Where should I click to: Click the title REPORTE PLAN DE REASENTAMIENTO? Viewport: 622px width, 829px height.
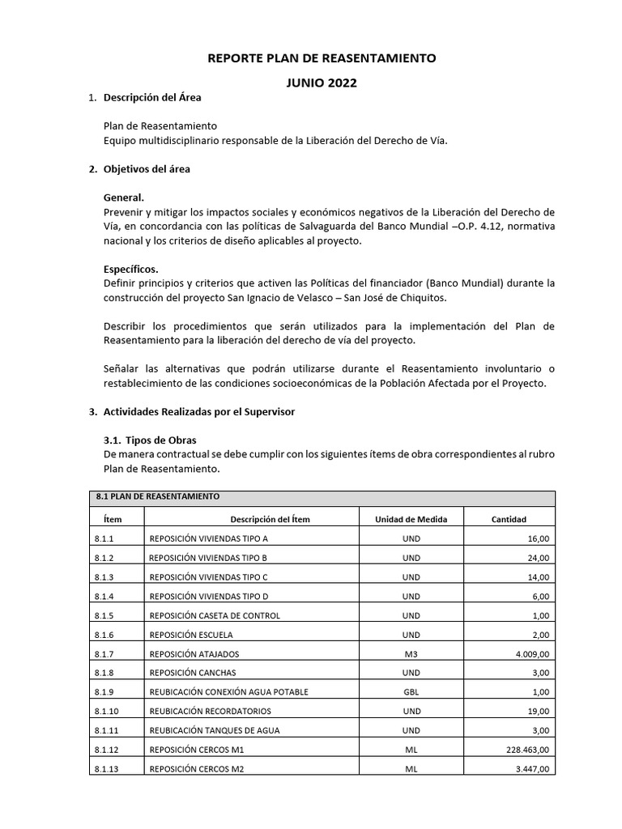pos(322,58)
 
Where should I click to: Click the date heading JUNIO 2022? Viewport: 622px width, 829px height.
pos(322,83)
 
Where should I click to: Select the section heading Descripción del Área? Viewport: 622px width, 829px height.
pos(152,98)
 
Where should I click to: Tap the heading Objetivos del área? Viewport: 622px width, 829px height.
pos(147,169)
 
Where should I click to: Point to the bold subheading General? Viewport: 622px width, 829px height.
pos(124,198)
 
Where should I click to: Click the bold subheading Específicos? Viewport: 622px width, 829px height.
pos(131,269)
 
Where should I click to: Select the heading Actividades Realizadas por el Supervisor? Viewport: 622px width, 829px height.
pos(199,411)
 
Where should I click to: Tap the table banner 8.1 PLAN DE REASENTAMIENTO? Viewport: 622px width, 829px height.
pos(156,496)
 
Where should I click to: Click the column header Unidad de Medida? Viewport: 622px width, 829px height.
pos(411,519)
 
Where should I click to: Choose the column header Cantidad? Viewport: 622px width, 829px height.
pos(509,519)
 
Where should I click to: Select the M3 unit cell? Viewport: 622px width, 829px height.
pos(411,654)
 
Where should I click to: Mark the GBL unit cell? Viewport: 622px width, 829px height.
pos(411,692)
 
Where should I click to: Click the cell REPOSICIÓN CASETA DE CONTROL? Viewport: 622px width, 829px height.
pos(215,615)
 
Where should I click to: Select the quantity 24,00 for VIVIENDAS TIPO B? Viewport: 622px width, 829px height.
pos(538,558)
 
